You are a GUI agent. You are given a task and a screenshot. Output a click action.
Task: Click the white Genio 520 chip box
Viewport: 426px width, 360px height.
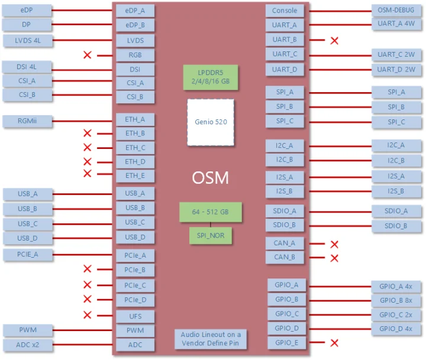[210, 122]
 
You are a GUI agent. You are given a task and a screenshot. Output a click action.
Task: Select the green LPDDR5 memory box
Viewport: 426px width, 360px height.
[210, 77]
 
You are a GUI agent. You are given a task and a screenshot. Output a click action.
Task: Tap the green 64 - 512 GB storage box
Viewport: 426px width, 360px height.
[210, 211]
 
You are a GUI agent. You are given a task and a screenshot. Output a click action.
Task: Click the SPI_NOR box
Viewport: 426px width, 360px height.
[210, 235]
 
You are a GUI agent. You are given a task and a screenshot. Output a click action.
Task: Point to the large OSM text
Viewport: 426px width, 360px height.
[210, 178]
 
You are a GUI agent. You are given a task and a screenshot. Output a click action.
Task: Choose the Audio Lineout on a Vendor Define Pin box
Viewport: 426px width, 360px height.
[211, 339]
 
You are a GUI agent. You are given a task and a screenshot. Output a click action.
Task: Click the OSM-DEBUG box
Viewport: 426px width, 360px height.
[396, 11]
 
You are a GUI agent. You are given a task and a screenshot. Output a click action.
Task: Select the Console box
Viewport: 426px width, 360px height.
[285, 11]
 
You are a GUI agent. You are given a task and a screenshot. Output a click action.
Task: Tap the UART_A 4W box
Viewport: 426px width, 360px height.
[396, 25]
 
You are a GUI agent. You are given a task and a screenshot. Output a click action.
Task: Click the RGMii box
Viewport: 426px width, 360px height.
[27, 121]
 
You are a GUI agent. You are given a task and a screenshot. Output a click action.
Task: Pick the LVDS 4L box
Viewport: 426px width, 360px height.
[27, 41]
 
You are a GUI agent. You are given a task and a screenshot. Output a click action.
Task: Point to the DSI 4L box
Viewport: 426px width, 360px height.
[27, 67]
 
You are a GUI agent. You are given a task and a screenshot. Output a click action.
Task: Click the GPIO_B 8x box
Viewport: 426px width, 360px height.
[396, 300]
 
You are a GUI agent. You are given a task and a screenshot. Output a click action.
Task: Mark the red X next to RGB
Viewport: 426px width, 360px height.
[88, 55]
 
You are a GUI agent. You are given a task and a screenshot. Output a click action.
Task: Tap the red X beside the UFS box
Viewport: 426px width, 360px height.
[88, 315]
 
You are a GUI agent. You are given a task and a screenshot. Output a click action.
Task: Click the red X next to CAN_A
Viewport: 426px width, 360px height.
[334, 244]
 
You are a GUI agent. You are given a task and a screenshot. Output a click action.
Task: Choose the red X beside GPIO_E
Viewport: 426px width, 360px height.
[334, 343]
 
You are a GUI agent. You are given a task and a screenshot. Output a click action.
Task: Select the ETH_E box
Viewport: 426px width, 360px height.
[135, 175]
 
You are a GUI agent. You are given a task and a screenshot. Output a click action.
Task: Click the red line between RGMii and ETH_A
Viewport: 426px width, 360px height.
[83, 121]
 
